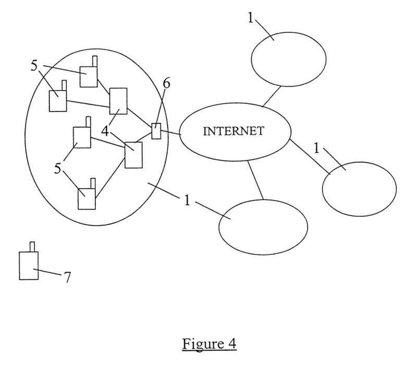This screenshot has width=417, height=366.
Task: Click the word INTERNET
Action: [x=233, y=131]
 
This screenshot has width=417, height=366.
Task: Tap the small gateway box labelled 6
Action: [x=156, y=131]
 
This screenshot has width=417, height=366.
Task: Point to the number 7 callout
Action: [x=67, y=277]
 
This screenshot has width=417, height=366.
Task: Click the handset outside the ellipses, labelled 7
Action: [x=29, y=266]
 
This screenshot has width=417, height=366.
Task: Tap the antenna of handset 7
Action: [x=32, y=247]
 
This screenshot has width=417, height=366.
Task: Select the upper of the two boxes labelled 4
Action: [x=118, y=101]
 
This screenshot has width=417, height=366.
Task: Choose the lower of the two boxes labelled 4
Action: [x=133, y=155]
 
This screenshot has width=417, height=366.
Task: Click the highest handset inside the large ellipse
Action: [x=89, y=76]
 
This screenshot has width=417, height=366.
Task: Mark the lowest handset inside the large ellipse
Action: [x=87, y=198]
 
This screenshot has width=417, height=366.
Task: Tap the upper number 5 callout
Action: [x=34, y=66]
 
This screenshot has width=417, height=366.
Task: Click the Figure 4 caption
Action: [x=209, y=344]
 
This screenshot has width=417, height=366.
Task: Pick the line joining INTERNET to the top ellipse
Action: [x=272, y=96]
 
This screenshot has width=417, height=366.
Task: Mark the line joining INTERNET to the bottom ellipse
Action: [x=255, y=180]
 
